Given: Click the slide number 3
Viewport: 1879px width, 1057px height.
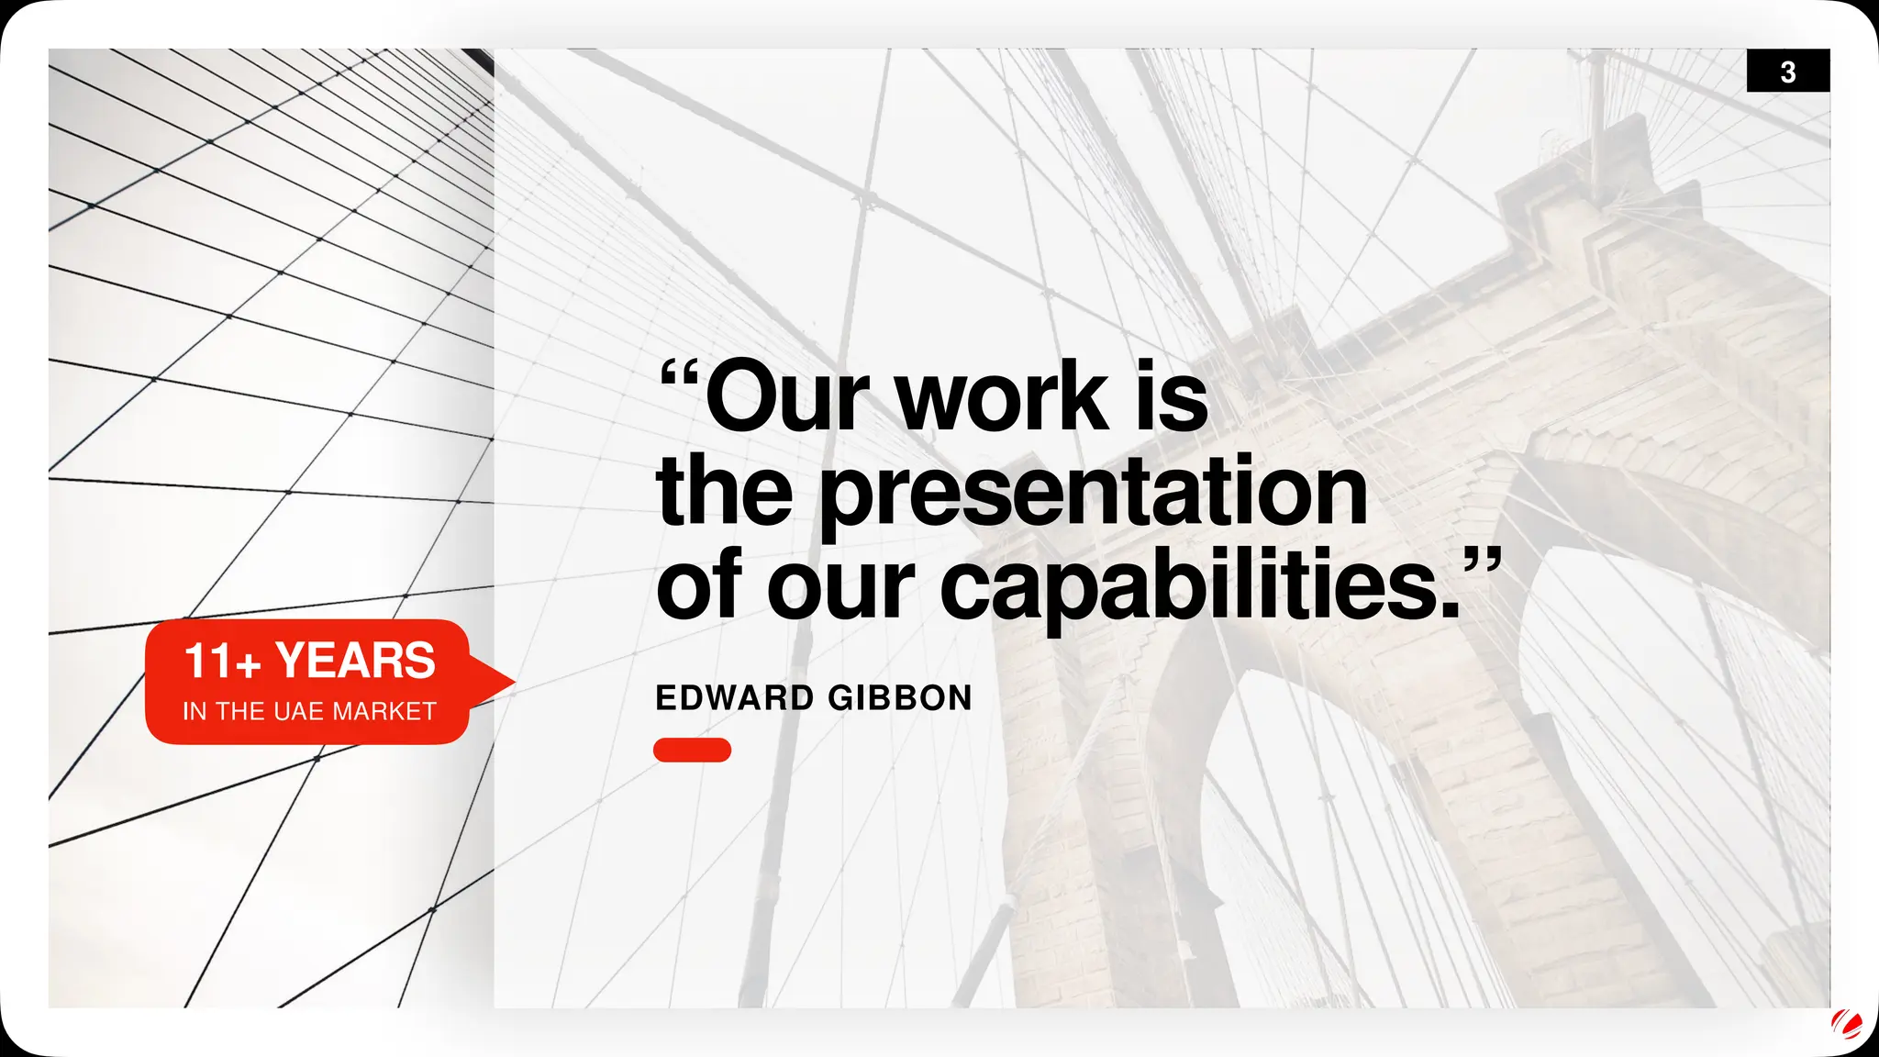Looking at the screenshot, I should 1787,72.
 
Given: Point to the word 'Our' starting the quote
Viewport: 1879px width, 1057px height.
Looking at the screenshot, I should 786,396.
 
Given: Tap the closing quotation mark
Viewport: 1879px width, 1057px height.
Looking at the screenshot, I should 1481,562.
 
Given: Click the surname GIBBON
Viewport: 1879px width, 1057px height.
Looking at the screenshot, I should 899,698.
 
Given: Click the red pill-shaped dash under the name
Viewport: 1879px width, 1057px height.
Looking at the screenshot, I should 692,750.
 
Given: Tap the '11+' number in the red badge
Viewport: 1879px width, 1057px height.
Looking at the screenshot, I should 222,662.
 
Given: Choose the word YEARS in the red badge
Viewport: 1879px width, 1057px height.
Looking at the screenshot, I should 355,661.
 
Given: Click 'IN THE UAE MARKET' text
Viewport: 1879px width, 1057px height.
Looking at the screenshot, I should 309,711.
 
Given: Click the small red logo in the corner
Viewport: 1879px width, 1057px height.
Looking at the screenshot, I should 1845,1024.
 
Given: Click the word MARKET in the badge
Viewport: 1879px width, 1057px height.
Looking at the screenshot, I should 384,711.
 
